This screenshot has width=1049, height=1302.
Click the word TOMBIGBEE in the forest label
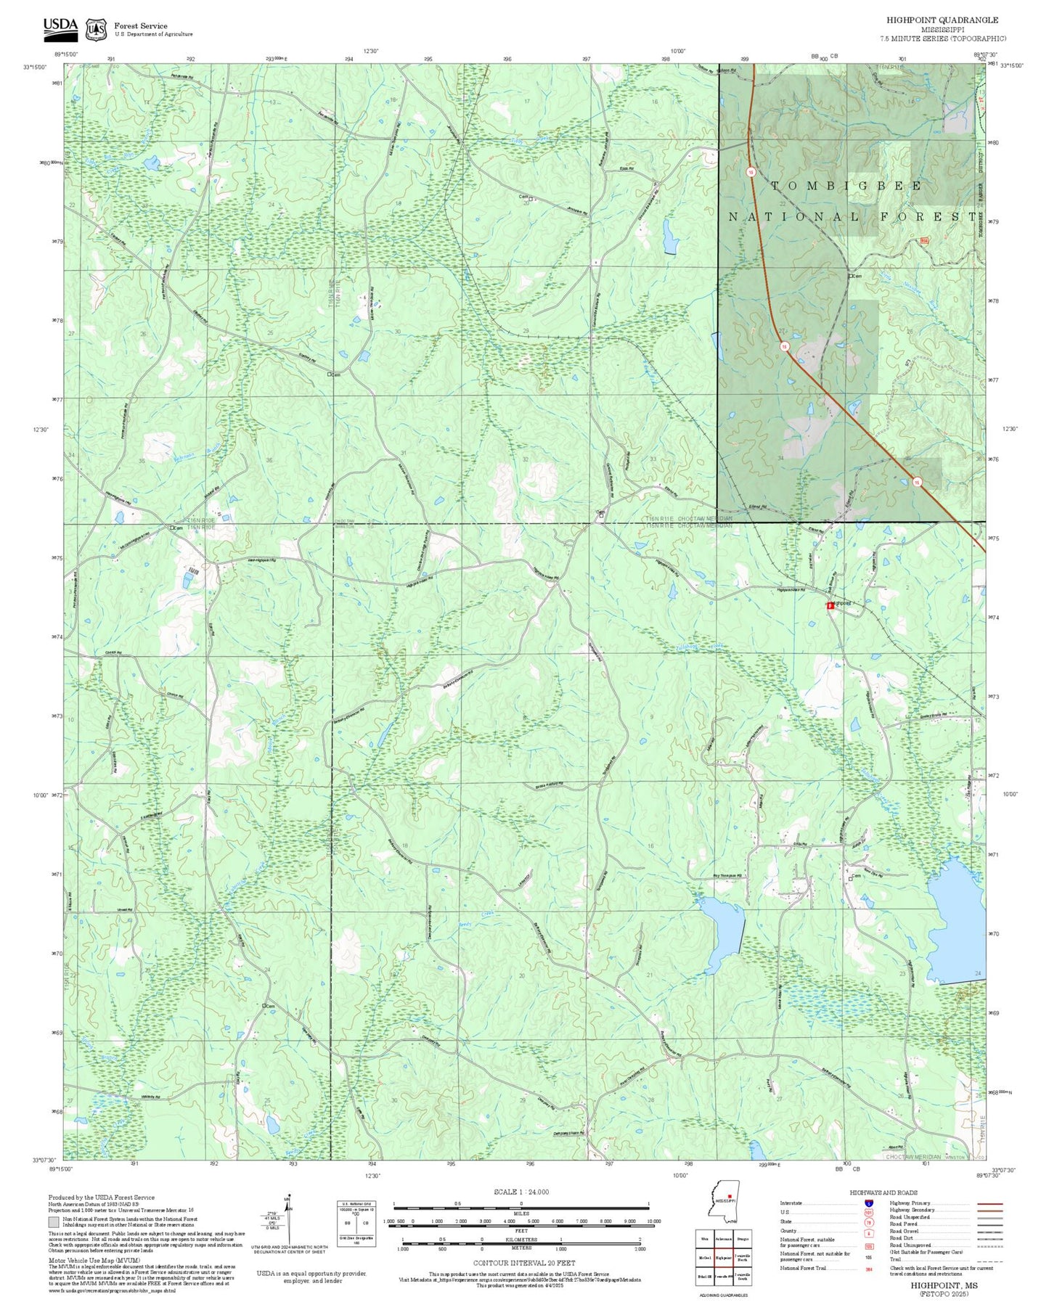pyautogui.click(x=846, y=186)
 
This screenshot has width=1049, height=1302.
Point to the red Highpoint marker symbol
pyautogui.click(x=830, y=605)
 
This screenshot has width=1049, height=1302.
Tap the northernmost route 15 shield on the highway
pyautogui.click(x=751, y=172)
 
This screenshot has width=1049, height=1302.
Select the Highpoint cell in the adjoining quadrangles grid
pyautogui.click(x=722, y=1258)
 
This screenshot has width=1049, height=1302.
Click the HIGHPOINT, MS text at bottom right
pyautogui.click(x=943, y=1285)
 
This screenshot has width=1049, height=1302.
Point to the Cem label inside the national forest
pyautogui.click(x=857, y=277)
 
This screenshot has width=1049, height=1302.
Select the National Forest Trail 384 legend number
pyautogui.click(x=868, y=1268)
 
